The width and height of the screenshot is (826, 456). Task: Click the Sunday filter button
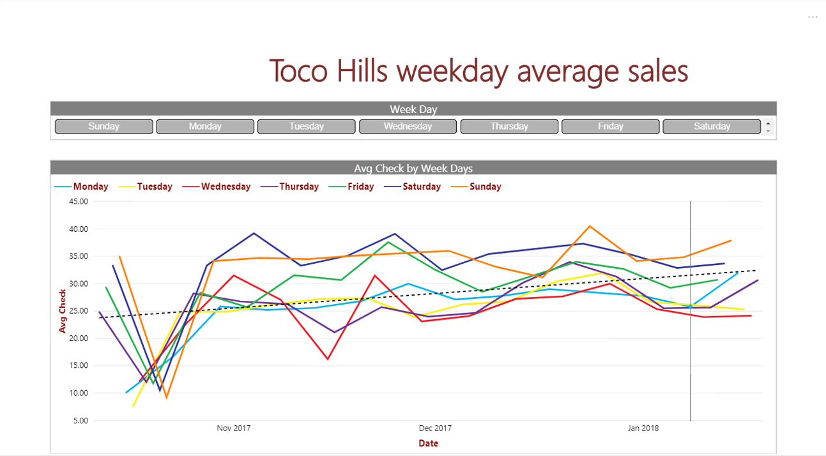click(x=104, y=126)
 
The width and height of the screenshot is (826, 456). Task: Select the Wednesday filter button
click(x=408, y=126)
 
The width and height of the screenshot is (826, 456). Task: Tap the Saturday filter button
click(x=712, y=126)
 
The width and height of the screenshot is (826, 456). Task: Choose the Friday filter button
click(x=610, y=126)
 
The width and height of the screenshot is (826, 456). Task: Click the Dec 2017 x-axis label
click(x=435, y=428)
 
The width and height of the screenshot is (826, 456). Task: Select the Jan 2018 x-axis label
click(x=643, y=428)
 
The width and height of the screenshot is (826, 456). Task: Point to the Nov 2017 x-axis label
click(x=234, y=428)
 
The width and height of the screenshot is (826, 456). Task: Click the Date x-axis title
click(x=428, y=443)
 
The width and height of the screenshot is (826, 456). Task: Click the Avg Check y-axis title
click(x=63, y=311)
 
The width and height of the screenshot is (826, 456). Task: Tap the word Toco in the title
click(x=298, y=70)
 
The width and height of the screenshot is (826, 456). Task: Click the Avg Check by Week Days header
click(x=413, y=169)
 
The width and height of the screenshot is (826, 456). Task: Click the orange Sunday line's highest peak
click(x=589, y=225)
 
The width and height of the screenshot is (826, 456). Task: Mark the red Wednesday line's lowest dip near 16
click(x=328, y=359)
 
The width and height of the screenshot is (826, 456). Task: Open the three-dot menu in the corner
click(x=812, y=17)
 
